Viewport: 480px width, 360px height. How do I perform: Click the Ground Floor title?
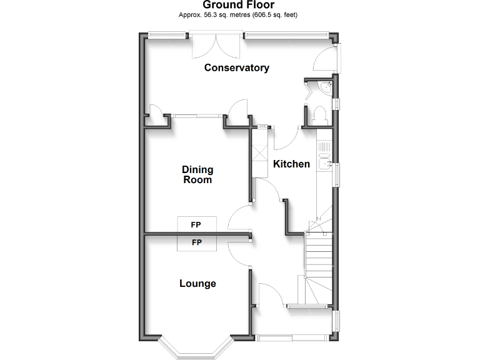(239, 5)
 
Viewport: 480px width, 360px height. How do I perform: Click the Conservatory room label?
(237, 67)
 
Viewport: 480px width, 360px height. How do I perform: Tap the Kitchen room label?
(291, 164)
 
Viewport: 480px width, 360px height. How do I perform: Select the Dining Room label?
(197, 174)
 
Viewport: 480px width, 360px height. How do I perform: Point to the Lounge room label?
(197, 283)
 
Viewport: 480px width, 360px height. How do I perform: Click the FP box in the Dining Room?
(196, 224)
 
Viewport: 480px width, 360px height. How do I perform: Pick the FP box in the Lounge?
(196, 242)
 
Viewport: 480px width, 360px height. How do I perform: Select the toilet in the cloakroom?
(319, 116)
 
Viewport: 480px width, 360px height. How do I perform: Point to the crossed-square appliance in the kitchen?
(259, 153)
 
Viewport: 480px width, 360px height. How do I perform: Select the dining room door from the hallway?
(238, 219)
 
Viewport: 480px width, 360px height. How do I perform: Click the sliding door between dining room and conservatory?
(197, 115)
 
